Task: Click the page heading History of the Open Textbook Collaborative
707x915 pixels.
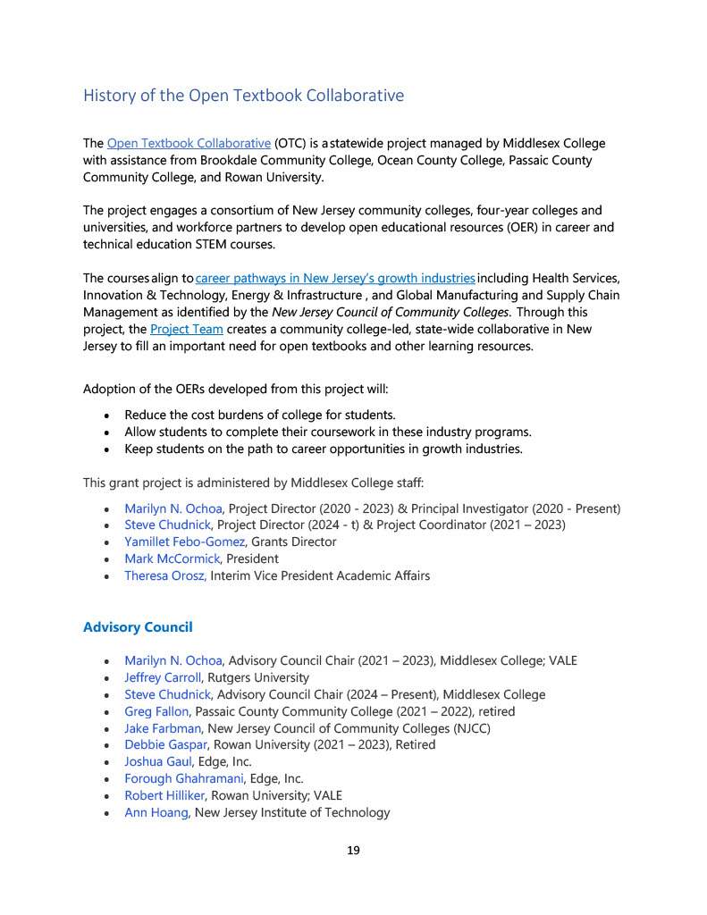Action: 243,96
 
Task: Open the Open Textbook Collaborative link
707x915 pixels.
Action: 189,143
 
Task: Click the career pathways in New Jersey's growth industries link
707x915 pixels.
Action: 335,279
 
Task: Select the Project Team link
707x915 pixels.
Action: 173,329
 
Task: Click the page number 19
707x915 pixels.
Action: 353,850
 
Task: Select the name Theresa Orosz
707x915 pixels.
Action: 164,575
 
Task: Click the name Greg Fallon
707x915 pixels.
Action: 156,711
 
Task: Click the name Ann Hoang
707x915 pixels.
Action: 156,812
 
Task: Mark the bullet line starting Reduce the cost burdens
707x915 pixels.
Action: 259,415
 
